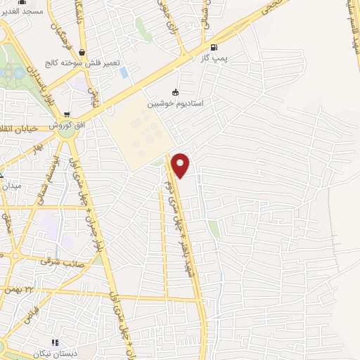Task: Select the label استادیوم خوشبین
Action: (174, 103)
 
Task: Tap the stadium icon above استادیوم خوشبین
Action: (175, 92)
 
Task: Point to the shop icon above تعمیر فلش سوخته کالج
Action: (82, 51)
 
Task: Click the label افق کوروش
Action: (65, 124)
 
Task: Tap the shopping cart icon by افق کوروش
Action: (67, 114)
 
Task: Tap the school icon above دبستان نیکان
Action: (74, 342)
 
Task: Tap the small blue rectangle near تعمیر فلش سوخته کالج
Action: (124, 72)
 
